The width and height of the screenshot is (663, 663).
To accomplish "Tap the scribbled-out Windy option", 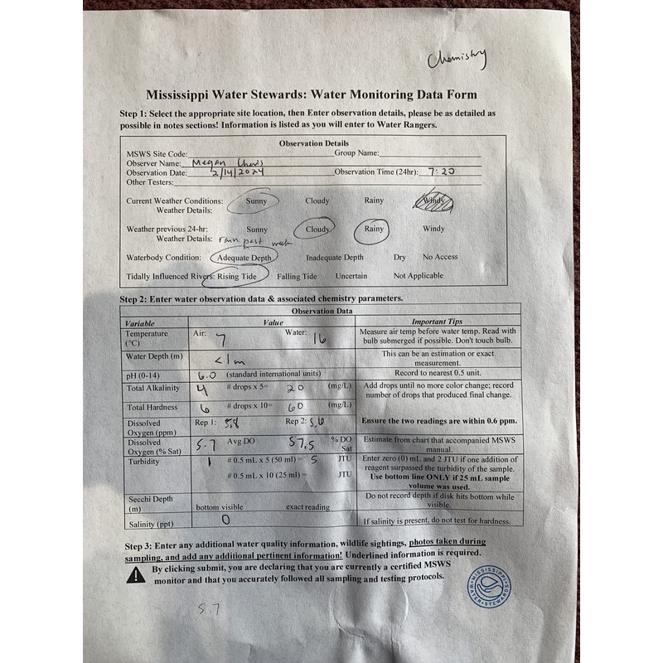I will click(433, 201).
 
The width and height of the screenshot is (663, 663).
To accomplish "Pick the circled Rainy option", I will click(375, 229).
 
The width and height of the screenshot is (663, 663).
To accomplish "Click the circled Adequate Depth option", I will click(244, 258).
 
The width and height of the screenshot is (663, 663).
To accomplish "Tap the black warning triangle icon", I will click(136, 575).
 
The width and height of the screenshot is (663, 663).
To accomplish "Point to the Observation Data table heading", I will click(320, 311).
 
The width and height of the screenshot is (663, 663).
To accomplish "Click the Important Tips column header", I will click(439, 322).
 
